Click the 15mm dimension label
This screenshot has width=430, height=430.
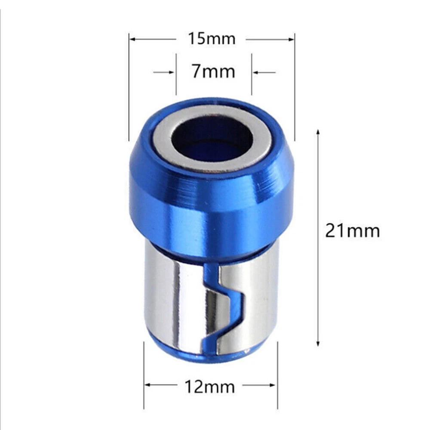click(x=212, y=39)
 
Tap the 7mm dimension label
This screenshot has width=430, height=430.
click(x=213, y=71)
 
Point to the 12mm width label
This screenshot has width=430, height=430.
click(x=210, y=387)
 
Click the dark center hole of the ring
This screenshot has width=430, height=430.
click(x=212, y=139)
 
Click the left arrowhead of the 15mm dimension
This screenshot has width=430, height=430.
click(x=132, y=39)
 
